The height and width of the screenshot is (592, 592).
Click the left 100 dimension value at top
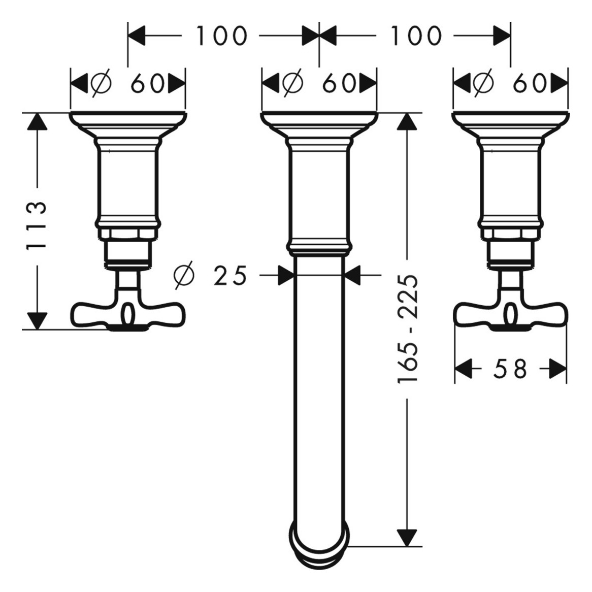point(221,36)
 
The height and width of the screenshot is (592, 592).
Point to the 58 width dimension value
point(510,369)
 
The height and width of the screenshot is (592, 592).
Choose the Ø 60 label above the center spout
point(319,83)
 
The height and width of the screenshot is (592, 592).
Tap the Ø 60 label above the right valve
point(510,83)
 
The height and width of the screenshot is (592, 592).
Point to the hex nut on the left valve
point(128,234)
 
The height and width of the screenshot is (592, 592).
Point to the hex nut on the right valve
point(510,234)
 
